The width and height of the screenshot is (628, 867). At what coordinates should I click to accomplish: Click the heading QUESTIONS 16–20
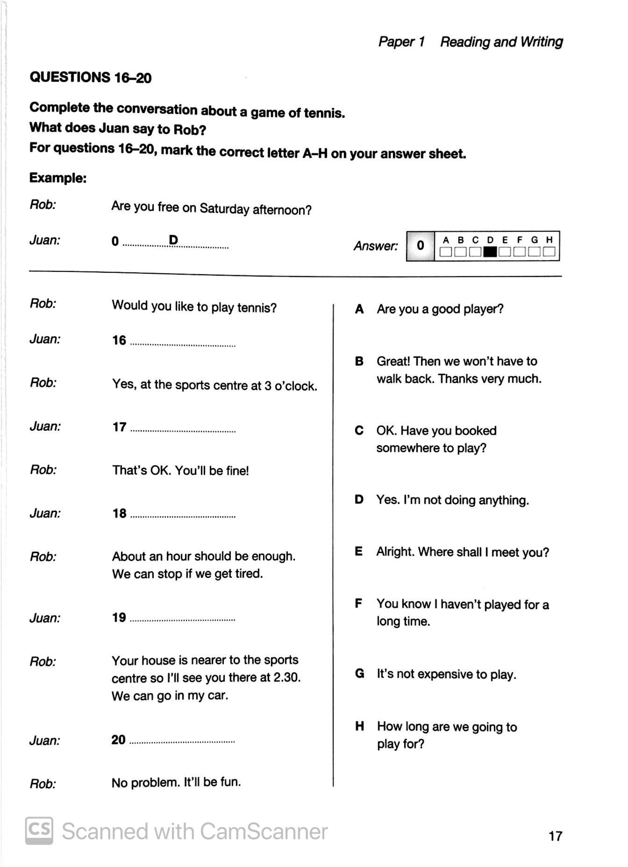pyautogui.click(x=90, y=77)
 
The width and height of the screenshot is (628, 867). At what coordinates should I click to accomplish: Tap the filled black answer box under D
pyautogui.click(x=490, y=252)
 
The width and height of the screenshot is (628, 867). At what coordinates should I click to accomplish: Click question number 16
pyautogui.click(x=119, y=340)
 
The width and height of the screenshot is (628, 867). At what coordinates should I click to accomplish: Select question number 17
pyautogui.click(x=119, y=427)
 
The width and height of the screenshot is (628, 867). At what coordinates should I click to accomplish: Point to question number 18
pyautogui.click(x=119, y=513)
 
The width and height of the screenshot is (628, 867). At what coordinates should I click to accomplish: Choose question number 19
pyautogui.click(x=119, y=618)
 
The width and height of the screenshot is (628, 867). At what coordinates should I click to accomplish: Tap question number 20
pyautogui.click(x=118, y=740)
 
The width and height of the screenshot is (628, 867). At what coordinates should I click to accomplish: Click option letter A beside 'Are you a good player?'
pyautogui.click(x=359, y=309)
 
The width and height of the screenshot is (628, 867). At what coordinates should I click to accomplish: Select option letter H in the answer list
pyautogui.click(x=360, y=726)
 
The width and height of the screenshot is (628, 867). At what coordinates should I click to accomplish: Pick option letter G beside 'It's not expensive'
pyautogui.click(x=360, y=674)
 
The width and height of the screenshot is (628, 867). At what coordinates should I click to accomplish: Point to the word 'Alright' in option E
pyautogui.click(x=395, y=552)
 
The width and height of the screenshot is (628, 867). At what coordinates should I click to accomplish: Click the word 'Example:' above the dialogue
pyautogui.click(x=58, y=178)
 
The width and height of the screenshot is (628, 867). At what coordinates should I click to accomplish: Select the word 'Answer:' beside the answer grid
pyautogui.click(x=376, y=246)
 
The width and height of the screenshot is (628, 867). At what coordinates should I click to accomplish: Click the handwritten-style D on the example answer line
pyautogui.click(x=173, y=240)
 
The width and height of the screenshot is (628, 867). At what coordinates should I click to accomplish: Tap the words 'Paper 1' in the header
pyautogui.click(x=401, y=42)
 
